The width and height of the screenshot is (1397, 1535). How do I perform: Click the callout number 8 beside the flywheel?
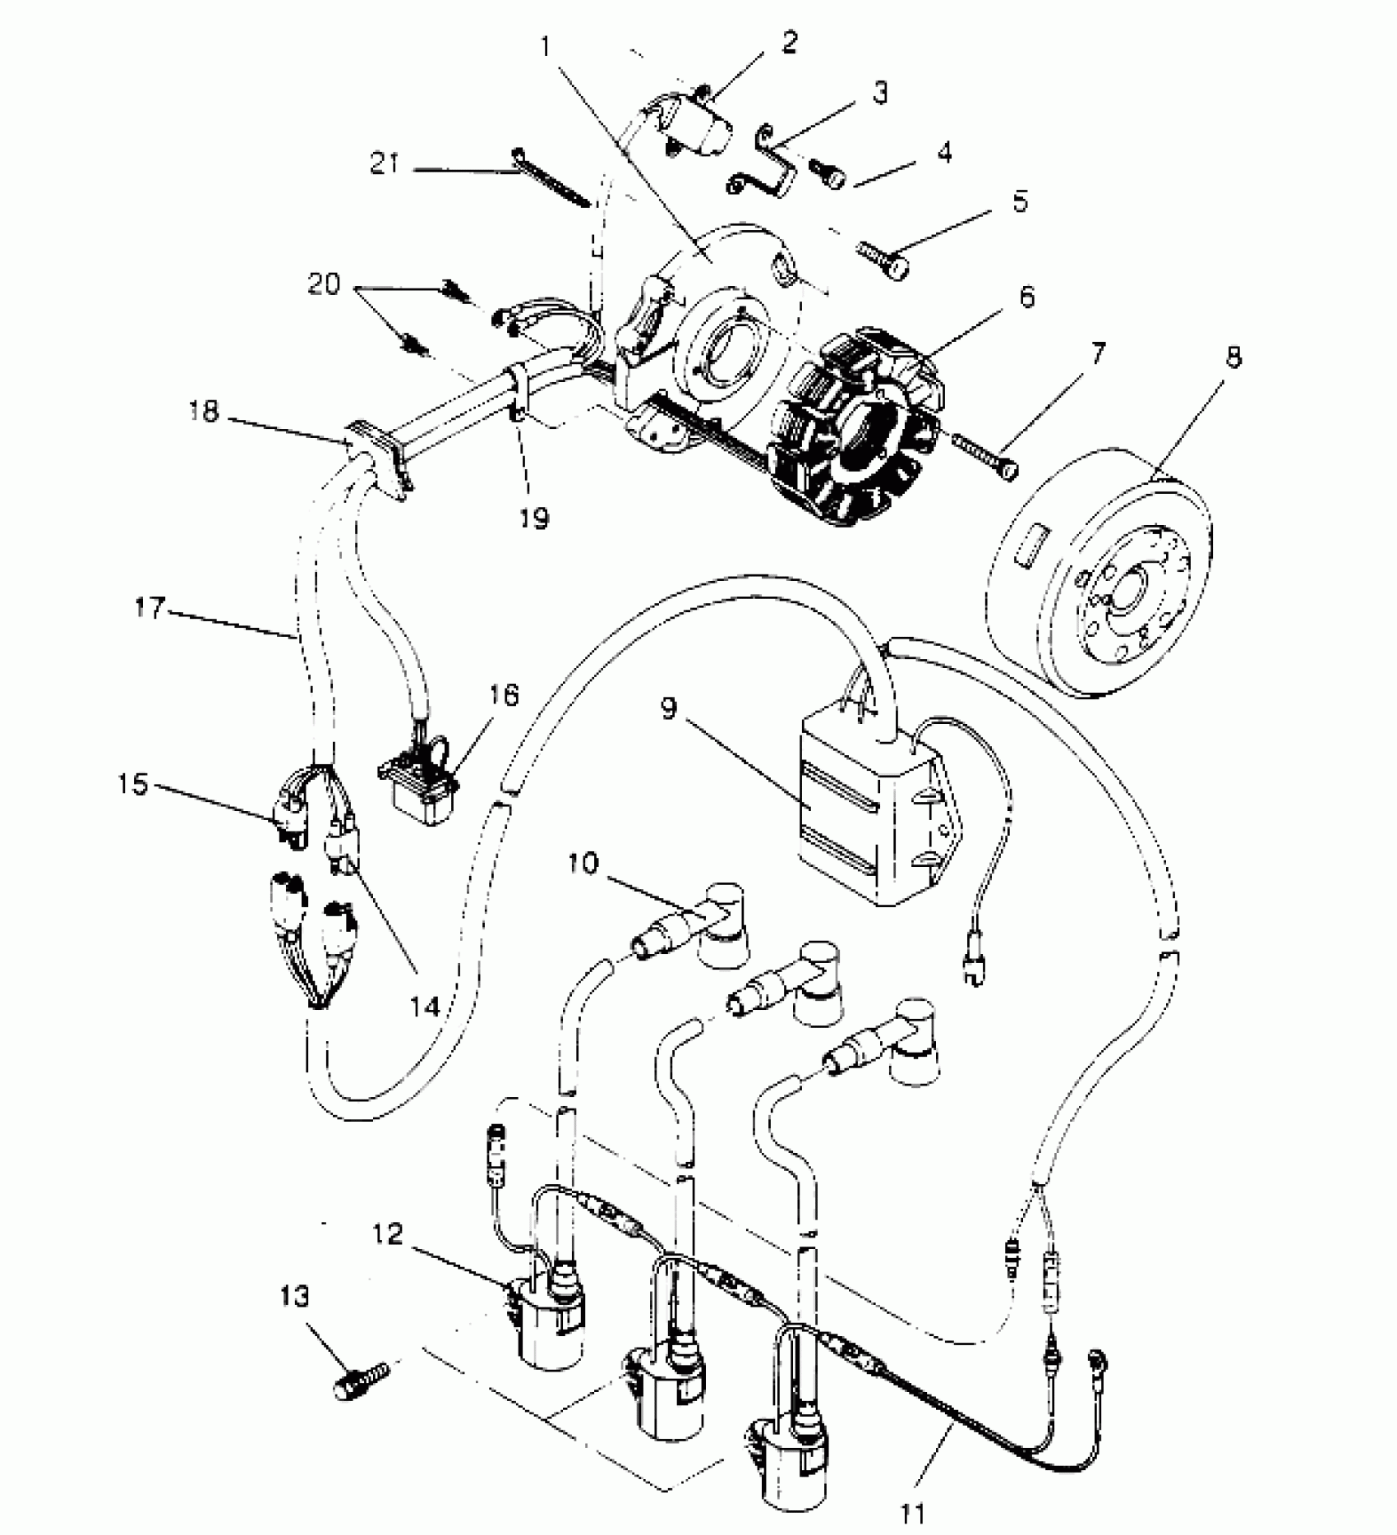click(1233, 358)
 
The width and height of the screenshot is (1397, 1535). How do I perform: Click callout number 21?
click(385, 165)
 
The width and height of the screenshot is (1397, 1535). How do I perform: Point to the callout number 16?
click(505, 696)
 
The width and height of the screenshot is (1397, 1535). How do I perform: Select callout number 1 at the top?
click(545, 47)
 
